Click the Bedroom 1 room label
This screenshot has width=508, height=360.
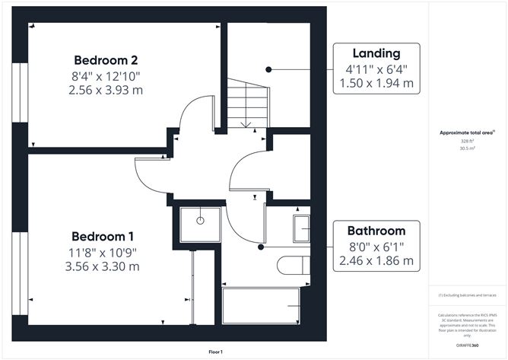pyautogui.click(x=106, y=236)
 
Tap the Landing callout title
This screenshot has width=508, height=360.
pyautogui.click(x=376, y=53)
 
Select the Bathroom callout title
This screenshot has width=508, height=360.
pyautogui.click(x=376, y=231)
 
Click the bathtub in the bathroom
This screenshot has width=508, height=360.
pyautogui.click(x=266, y=304)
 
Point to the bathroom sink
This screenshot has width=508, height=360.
pyautogui.click(x=302, y=227)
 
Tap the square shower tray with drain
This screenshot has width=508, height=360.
pyautogui.click(x=199, y=221)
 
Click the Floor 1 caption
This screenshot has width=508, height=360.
pyautogui.click(x=217, y=352)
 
